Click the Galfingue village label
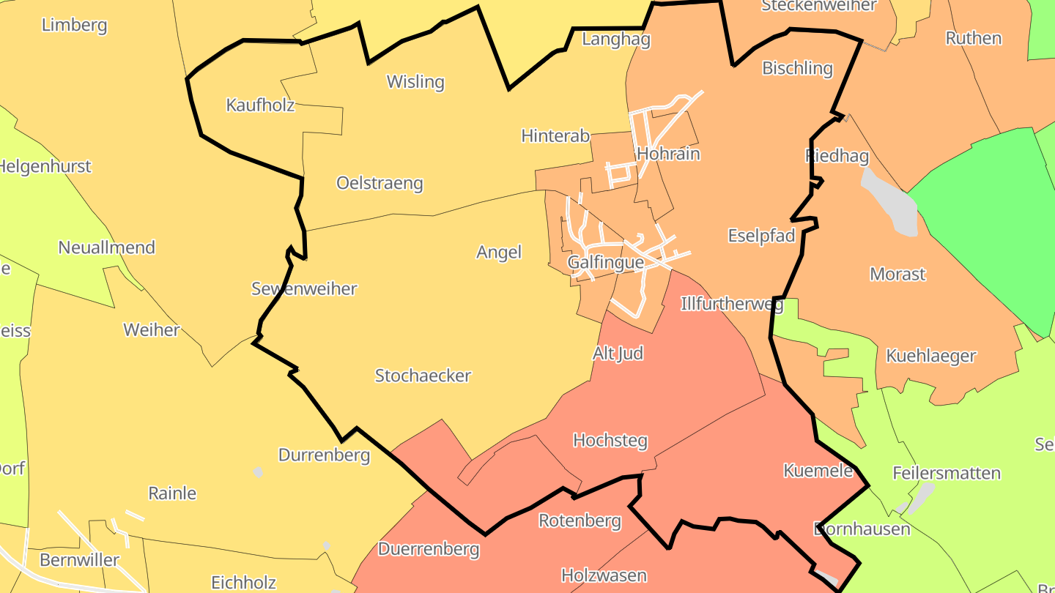pyautogui.click(x=606, y=263)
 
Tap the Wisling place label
pyautogui.click(x=415, y=81)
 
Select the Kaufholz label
pyautogui.click(x=260, y=105)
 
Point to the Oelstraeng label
pyautogui.click(x=380, y=182)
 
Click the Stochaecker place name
pyautogui.click(x=423, y=376)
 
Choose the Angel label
pyautogui.click(x=499, y=252)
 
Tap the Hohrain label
pyautogui.click(x=668, y=154)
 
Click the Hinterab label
pyautogui.click(x=555, y=135)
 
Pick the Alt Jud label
pyautogui.click(x=618, y=354)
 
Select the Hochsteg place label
pyautogui.click(x=610, y=440)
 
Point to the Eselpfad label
pyautogui.click(x=761, y=236)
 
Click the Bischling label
pyautogui.click(x=798, y=68)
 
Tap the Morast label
pyautogui.click(x=897, y=275)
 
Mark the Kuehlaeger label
pyautogui.click(x=930, y=356)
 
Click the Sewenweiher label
pyautogui.click(x=304, y=288)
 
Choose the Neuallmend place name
pyautogui.click(x=107, y=247)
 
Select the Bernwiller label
pyautogui.click(x=79, y=560)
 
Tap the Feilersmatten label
pyautogui.click(x=947, y=473)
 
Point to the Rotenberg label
pyautogui.click(x=580, y=521)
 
